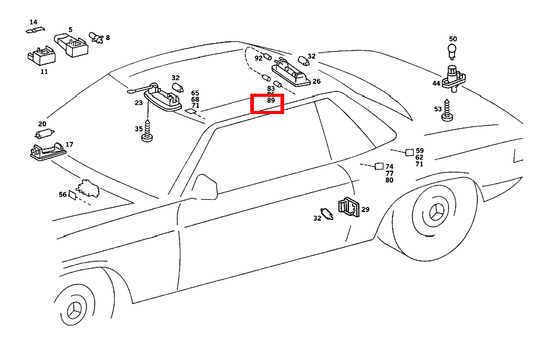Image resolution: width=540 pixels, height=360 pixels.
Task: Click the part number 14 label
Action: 33,22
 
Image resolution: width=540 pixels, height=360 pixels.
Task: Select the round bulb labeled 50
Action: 452,50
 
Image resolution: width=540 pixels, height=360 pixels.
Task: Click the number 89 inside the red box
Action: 271,100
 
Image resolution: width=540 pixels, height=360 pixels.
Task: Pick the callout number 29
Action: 365,210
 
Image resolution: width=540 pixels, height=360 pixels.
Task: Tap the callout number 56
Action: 63,194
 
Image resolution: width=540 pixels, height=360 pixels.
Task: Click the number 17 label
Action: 69,144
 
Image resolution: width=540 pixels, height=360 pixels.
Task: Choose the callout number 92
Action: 258,59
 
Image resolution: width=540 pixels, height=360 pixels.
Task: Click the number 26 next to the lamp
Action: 316,81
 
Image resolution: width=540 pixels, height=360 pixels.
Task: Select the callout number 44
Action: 436,83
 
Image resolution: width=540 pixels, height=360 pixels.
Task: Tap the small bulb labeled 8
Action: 96,38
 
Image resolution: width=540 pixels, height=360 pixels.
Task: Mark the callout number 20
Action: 42,124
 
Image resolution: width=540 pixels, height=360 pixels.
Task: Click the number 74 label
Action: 389,166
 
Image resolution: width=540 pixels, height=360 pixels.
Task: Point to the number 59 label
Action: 420,150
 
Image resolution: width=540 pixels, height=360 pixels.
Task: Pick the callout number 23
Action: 139,103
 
